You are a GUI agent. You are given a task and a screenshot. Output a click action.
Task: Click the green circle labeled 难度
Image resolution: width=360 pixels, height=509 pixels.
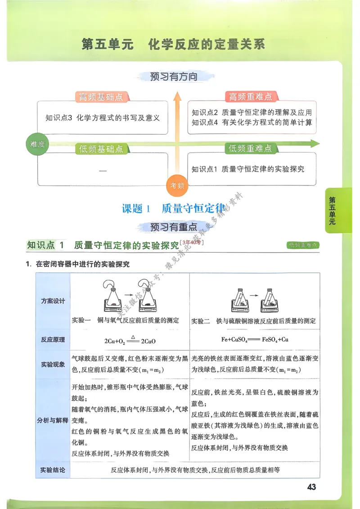(x=37, y=144)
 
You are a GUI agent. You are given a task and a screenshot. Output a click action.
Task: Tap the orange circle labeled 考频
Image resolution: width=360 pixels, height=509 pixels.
(x=176, y=185)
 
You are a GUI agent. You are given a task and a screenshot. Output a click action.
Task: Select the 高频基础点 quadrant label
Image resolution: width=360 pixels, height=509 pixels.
(x=101, y=97)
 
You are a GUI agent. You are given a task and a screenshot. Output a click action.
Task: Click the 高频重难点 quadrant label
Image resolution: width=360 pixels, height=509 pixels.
(x=250, y=97)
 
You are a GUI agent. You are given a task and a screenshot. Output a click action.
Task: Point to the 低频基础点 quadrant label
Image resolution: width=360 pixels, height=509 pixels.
(x=101, y=149)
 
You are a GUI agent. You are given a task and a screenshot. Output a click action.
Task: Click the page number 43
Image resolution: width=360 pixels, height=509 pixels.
(x=311, y=487)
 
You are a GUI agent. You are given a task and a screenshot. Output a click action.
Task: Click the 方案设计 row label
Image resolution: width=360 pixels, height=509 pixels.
(x=53, y=301)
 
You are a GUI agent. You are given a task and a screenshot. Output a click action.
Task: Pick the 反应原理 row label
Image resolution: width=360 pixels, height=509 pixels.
(x=53, y=340)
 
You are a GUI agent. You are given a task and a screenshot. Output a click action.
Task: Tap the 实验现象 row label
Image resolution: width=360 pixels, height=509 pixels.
(x=53, y=364)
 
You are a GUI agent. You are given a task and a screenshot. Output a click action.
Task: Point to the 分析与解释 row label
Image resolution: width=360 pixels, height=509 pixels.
(x=53, y=420)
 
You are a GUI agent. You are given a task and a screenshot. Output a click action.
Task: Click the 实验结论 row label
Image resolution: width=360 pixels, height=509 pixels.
(x=53, y=470)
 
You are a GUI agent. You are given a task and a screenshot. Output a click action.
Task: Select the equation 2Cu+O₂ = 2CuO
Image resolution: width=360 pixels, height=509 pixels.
(x=130, y=341)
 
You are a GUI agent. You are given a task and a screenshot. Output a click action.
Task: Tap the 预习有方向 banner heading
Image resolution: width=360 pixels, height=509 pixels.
(x=174, y=77)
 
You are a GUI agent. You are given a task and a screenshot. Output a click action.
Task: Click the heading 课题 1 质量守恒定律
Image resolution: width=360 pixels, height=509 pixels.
(x=174, y=209)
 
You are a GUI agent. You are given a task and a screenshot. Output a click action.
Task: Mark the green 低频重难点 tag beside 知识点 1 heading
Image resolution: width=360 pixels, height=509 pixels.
(x=303, y=245)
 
